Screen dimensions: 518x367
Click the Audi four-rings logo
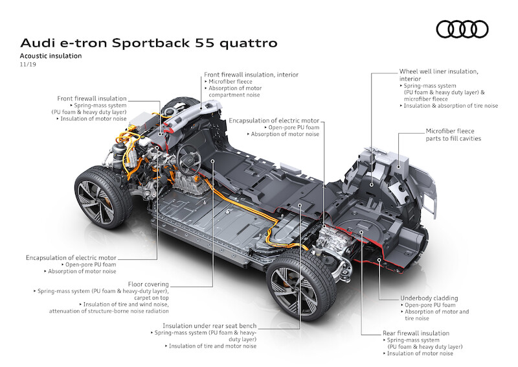462,29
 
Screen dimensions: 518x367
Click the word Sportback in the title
151,43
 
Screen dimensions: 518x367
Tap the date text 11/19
28,64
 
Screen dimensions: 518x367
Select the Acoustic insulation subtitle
51,56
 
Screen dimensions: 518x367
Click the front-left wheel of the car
103,197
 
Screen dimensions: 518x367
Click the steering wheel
188,161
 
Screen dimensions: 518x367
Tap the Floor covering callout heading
148,284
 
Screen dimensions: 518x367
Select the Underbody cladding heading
429,298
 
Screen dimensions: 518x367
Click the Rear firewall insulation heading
416,333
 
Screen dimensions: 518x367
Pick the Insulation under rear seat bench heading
209,326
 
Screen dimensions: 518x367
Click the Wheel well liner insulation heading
439,75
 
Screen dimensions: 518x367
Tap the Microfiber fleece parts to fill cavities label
453,135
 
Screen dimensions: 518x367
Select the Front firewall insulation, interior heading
251,75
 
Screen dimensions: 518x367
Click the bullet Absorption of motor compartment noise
235,91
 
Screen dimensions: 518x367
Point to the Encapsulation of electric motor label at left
71,257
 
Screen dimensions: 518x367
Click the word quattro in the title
249,43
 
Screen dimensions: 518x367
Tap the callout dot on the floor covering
213,161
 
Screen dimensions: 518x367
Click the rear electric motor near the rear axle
332,243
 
